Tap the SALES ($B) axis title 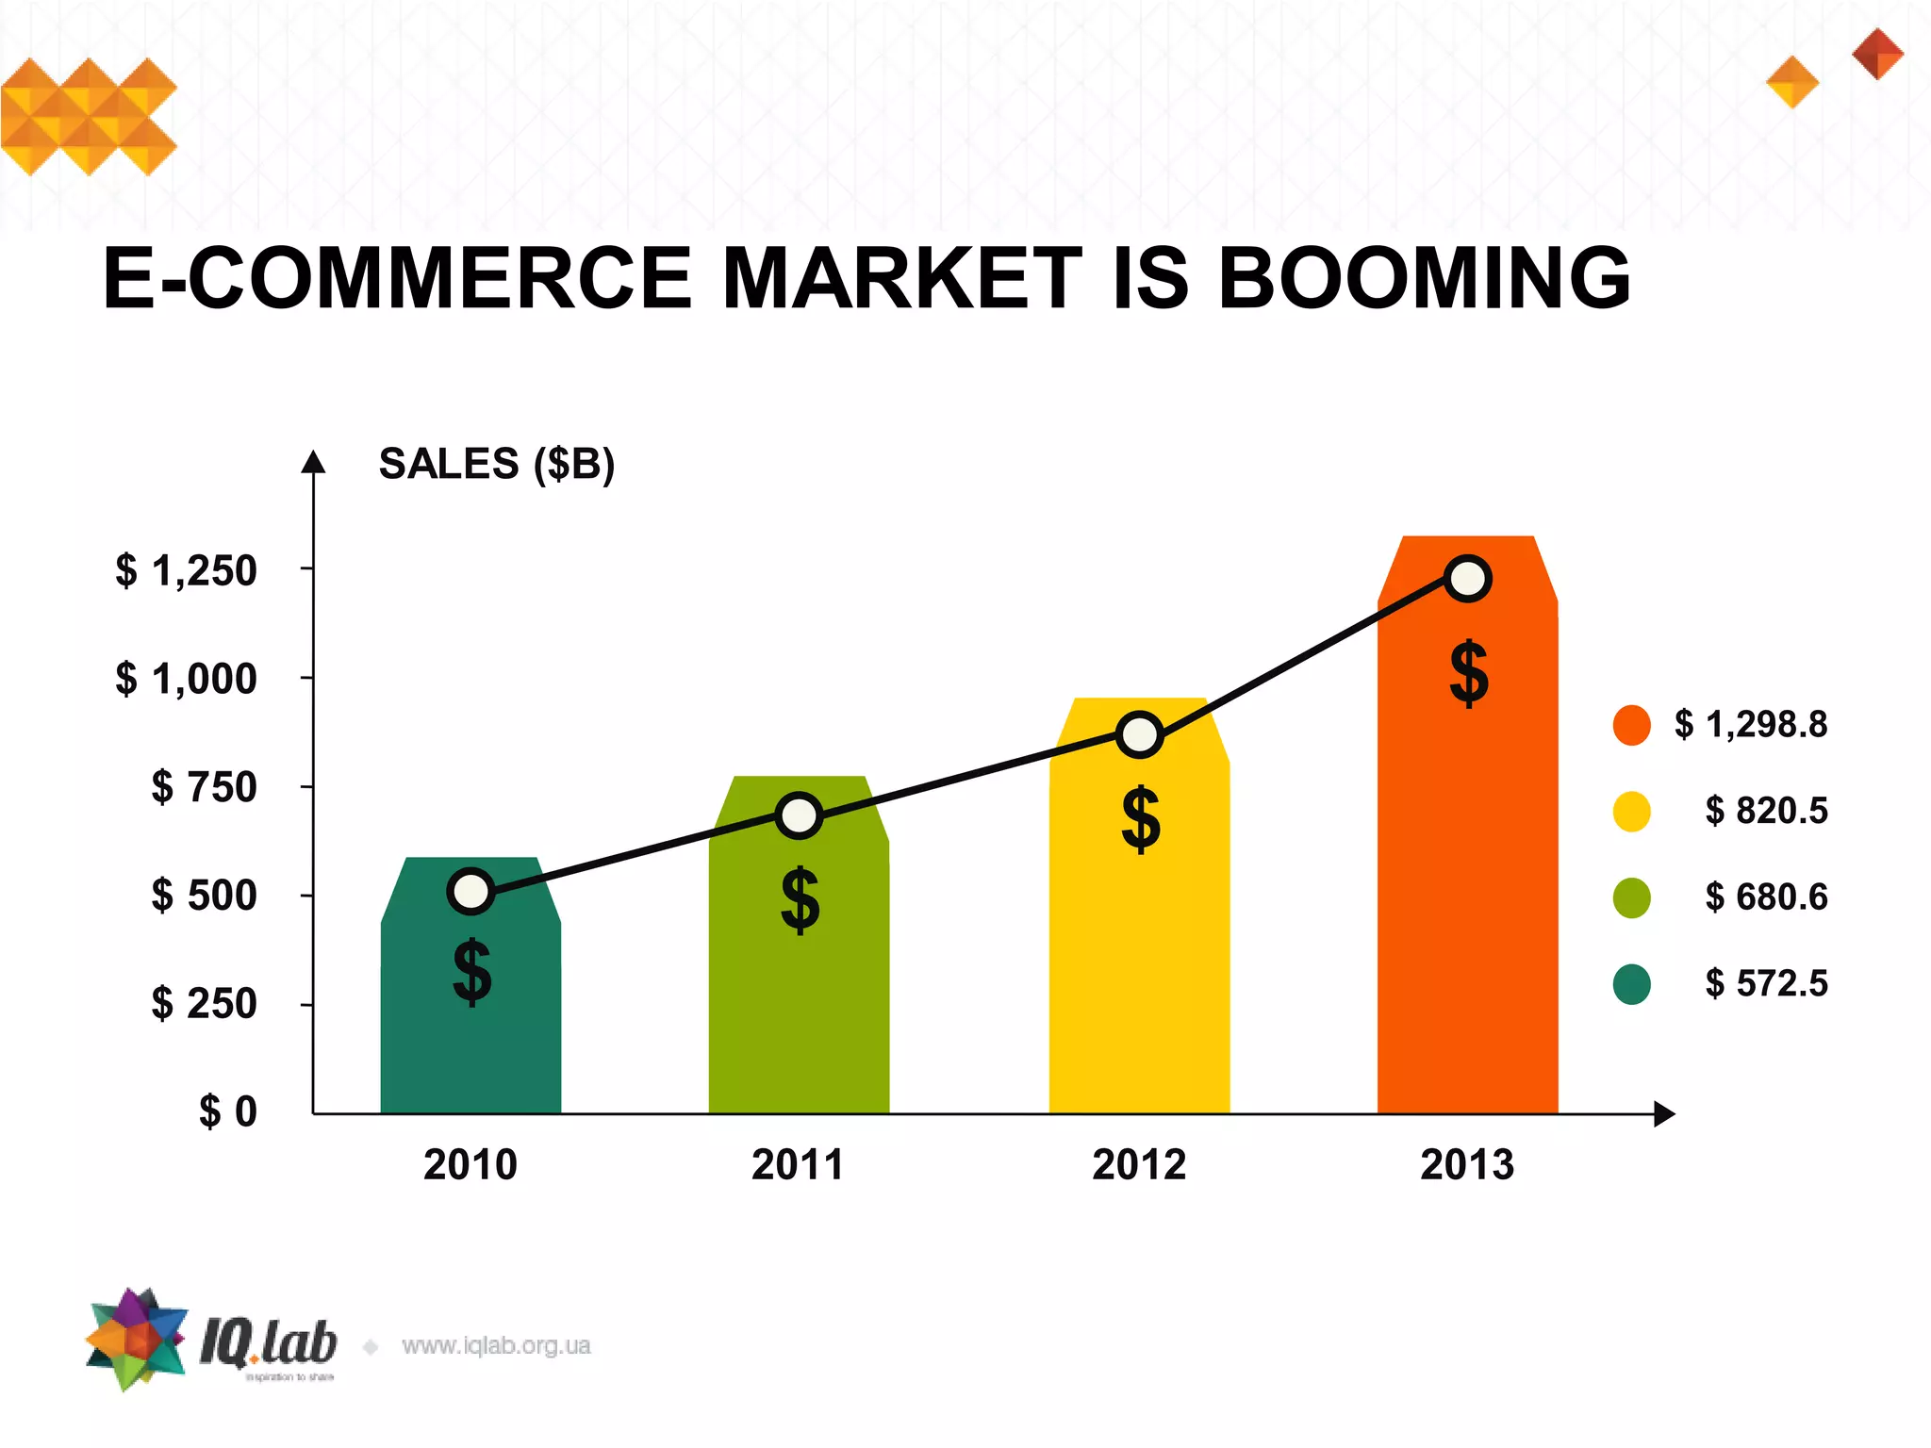(496, 464)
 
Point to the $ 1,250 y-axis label (186, 570)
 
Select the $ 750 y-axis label (204, 786)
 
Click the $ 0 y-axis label (227, 1111)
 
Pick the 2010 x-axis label (470, 1165)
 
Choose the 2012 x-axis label (1139, 1165)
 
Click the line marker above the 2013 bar (1468, 578)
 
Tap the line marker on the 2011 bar (799, 815)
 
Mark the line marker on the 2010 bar (471, 891)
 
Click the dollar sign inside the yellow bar (1141, 819)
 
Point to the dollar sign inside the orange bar (1468, 673)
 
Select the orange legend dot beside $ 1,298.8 (1631, 725)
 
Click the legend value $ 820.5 (1766, 811)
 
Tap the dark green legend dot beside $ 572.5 (1631, 984)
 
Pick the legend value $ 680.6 (1766, 897)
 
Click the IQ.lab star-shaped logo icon (136, 1339)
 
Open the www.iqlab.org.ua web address (496, 1345)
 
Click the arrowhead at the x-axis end (1664, 1113)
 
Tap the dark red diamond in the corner (1877, 54)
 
